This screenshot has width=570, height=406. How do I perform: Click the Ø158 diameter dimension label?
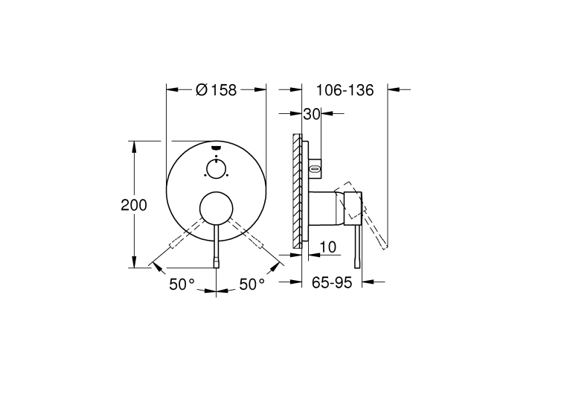(217, 90)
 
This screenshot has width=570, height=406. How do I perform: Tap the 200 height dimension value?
(134, 205)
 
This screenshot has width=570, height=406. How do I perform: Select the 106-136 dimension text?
(345, 90)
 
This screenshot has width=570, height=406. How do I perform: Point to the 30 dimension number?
(312, 114)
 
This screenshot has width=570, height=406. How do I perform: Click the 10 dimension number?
(327, 247)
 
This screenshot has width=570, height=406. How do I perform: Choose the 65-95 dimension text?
(332, 282)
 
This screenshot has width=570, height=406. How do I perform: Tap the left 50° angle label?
(182, 284)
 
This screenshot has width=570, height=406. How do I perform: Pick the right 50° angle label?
(252, 284)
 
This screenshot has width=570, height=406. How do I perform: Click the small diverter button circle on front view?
(217, 168)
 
